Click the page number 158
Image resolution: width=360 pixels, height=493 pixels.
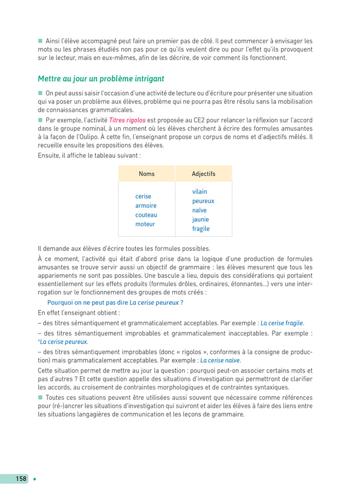[x=21, y=479]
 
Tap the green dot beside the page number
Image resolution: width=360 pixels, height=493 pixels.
[x=34, y=479]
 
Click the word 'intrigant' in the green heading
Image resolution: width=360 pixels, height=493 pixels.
[x=147, y=79]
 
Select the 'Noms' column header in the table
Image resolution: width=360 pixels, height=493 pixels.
[x=147, y=174]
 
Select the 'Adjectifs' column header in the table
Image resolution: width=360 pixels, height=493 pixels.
[x=204, y=174]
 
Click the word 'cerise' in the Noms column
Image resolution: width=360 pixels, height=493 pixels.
[x=143, y=196]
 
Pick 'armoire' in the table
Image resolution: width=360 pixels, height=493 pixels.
[x=146, y=205]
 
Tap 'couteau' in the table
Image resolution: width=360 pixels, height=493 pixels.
[x=146, y=215]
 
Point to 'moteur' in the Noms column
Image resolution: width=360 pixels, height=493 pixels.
[x=145, y=224]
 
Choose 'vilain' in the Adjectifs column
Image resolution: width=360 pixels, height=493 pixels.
[x=200, y=191]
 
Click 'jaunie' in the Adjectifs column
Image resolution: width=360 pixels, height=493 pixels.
[x=201, y=219]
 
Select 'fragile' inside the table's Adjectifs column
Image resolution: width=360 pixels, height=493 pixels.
[x=201, y=228]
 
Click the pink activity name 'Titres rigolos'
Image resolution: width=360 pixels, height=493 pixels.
[x=127, y=120]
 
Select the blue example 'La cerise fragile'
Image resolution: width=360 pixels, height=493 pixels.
[x=281, y=323]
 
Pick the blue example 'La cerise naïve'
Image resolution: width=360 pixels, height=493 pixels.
[x=220, y=360]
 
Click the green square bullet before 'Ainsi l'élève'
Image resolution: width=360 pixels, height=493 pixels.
[x=40, y=40]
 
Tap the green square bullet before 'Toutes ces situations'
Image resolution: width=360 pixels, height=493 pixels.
[x=40, y=397]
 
